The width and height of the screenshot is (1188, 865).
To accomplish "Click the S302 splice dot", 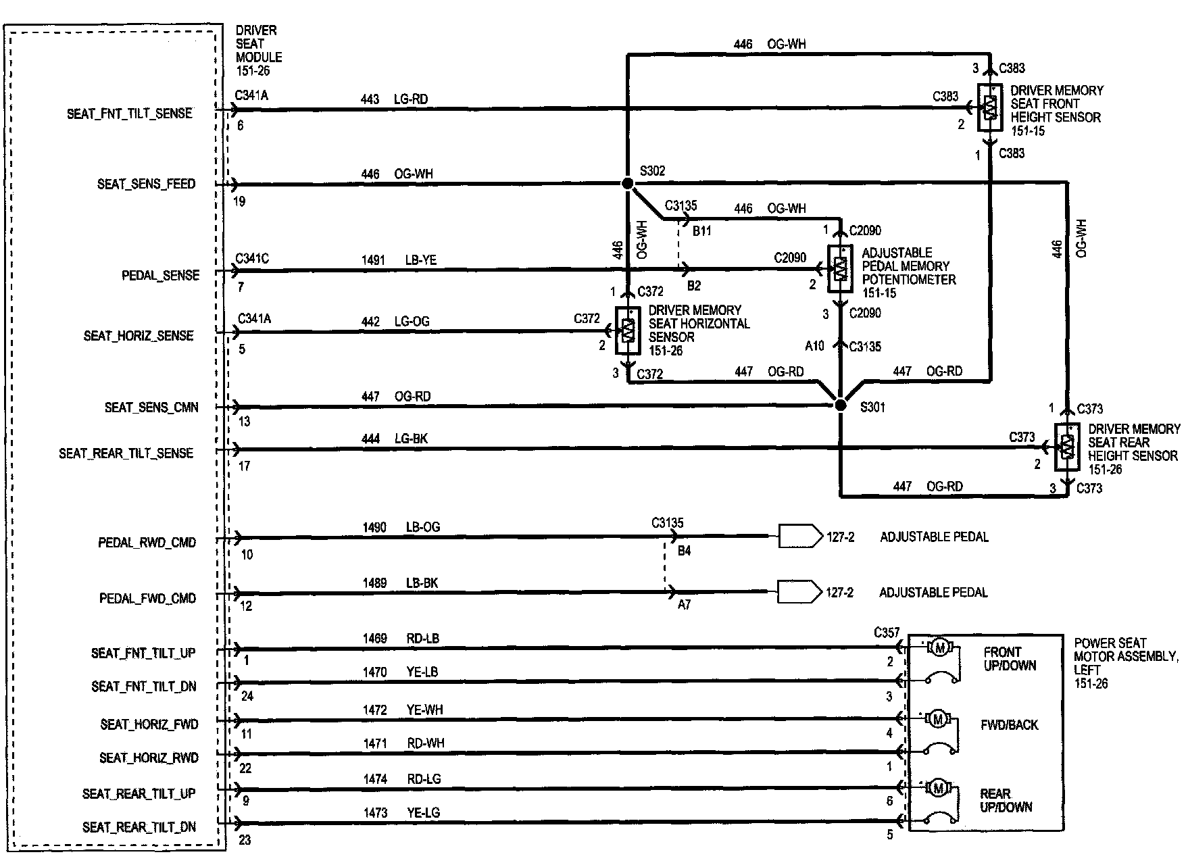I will [x=628, y=184].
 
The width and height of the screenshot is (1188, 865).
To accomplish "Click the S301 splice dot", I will [x=840, y=405].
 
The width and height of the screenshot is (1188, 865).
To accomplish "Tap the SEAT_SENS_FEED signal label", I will [x=146, y=184].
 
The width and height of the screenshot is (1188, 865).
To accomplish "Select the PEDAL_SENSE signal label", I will [x=160, y=276].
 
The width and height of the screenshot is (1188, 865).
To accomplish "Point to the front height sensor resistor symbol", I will [x=989, y=107].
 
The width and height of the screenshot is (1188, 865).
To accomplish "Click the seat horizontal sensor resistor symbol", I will [x=628, y=331].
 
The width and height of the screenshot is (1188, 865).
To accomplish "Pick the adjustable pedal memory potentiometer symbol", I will [x=840, y=269].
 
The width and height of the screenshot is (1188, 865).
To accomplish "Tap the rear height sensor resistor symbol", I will [x=1067, y=447].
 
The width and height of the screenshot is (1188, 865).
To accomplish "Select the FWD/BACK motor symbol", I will [x=938, y=720].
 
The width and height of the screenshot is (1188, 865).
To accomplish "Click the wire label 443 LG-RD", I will [x=394, y=99].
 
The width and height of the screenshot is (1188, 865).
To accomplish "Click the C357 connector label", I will [x=887, y=633].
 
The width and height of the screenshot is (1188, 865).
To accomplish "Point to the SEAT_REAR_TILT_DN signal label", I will [x=139, y=827].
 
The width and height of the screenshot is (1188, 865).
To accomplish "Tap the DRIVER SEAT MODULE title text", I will [x=258, y=50].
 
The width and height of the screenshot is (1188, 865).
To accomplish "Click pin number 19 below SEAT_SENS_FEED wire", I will [x=239, y=201].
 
